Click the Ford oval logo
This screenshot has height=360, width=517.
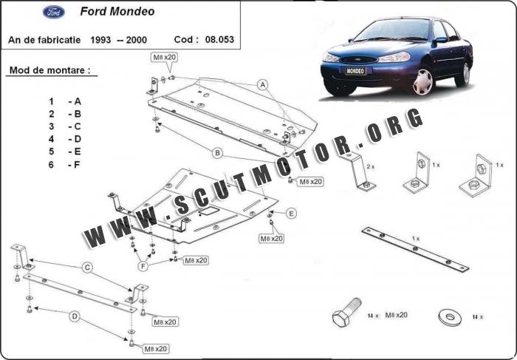(54, 12)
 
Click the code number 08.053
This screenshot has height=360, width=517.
(219, 40)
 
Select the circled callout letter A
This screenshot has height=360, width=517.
(262, 85)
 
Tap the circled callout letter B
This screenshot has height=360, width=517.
(217, 153)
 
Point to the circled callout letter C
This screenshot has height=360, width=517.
(87, 268)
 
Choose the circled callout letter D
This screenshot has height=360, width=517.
(75, 317)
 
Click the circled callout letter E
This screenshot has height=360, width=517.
(291, 214)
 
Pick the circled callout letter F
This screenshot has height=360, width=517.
(143, 266)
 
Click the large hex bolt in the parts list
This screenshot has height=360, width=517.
(346, 312)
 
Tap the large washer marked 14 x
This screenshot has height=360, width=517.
(450, 317)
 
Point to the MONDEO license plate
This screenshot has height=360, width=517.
(355, 71)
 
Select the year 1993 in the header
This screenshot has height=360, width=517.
(100, 40)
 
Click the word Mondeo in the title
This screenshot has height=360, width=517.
(131, 12)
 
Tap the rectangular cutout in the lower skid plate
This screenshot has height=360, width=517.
(208, 211)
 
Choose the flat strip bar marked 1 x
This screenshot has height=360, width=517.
(415, 249)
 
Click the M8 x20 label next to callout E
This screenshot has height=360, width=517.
(271, 238)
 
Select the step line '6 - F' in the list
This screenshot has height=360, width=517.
(65, 164)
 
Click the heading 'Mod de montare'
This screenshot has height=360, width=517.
(49, 70)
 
